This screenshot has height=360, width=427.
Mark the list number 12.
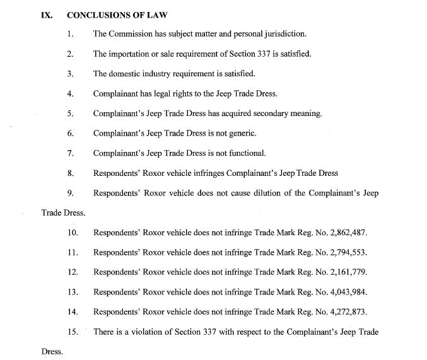pyautogui.click(x=73, y=272)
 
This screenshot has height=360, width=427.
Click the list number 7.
pyautogui.click(x=71, y=153)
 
